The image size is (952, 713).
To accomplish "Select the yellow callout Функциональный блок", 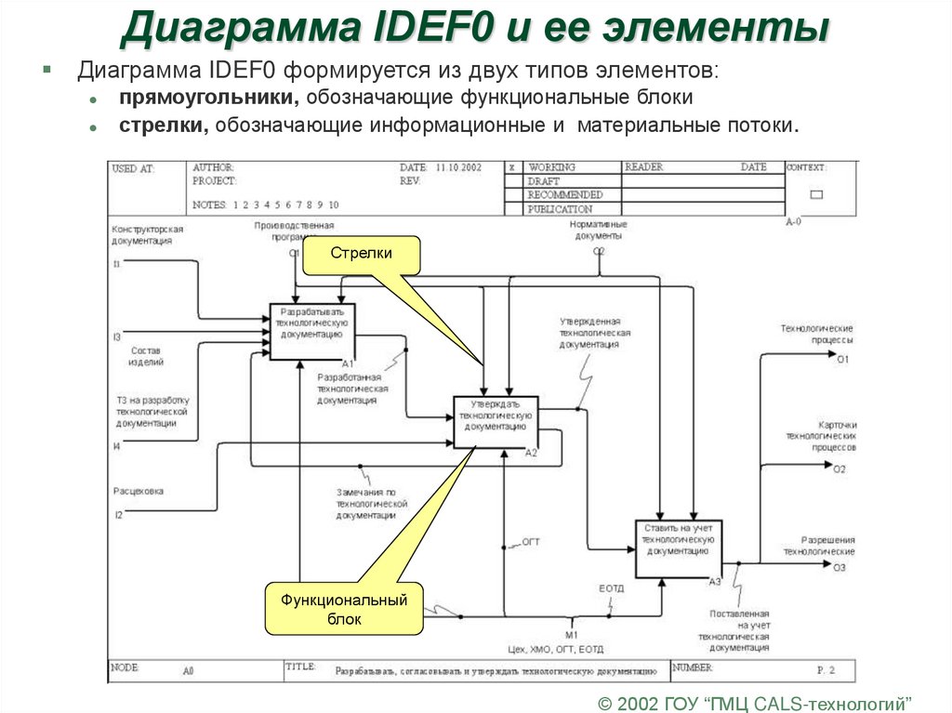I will click(344, 609).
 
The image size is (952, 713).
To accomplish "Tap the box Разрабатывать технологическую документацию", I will click(312, 331).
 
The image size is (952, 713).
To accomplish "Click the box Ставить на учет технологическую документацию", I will click(679, 548).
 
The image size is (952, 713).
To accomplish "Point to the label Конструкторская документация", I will click(147, 234).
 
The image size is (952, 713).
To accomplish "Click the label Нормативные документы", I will click(599, 231).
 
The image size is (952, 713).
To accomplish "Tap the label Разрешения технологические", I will click(815, 546).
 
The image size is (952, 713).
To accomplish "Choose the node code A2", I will click(531, 453).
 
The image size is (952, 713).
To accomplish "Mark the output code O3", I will click(840, 567).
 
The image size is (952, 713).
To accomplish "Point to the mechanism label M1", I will click(571, 634).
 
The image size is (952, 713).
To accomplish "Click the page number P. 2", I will click(826, 669).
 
